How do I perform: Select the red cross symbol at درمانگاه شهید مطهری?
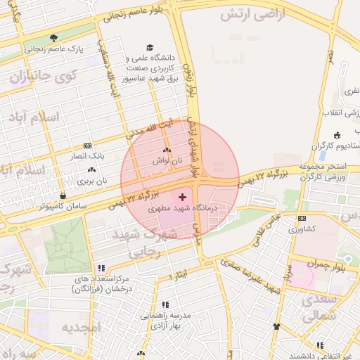coord(184,198)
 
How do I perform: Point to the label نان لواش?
coord(167,160)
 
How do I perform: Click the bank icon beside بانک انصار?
coord(86,145)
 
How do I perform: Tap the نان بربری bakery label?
coord(92,181)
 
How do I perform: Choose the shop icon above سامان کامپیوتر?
coord(63,195)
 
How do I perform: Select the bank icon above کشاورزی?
coord(302,219)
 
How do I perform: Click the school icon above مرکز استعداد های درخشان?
coord(102,268)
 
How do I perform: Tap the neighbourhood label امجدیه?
coord(82,327)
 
